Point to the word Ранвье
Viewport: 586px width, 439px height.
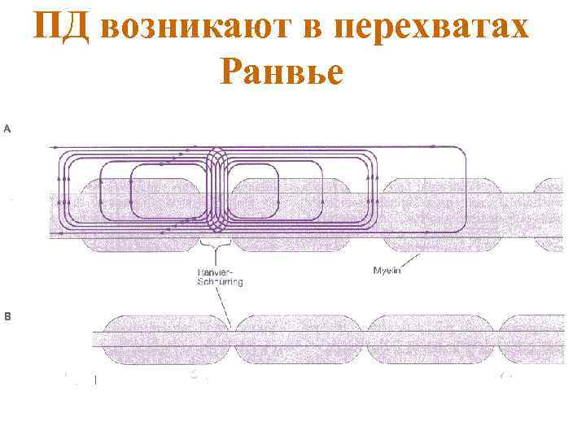pos(282,74)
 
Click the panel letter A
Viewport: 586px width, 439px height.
pos(8,128)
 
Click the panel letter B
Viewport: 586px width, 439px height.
pos(8,317)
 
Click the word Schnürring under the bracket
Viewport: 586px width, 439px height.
pos(220,282)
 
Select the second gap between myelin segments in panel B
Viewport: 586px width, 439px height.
pos(363,333)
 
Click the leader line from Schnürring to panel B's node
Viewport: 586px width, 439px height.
pos(224,306)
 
